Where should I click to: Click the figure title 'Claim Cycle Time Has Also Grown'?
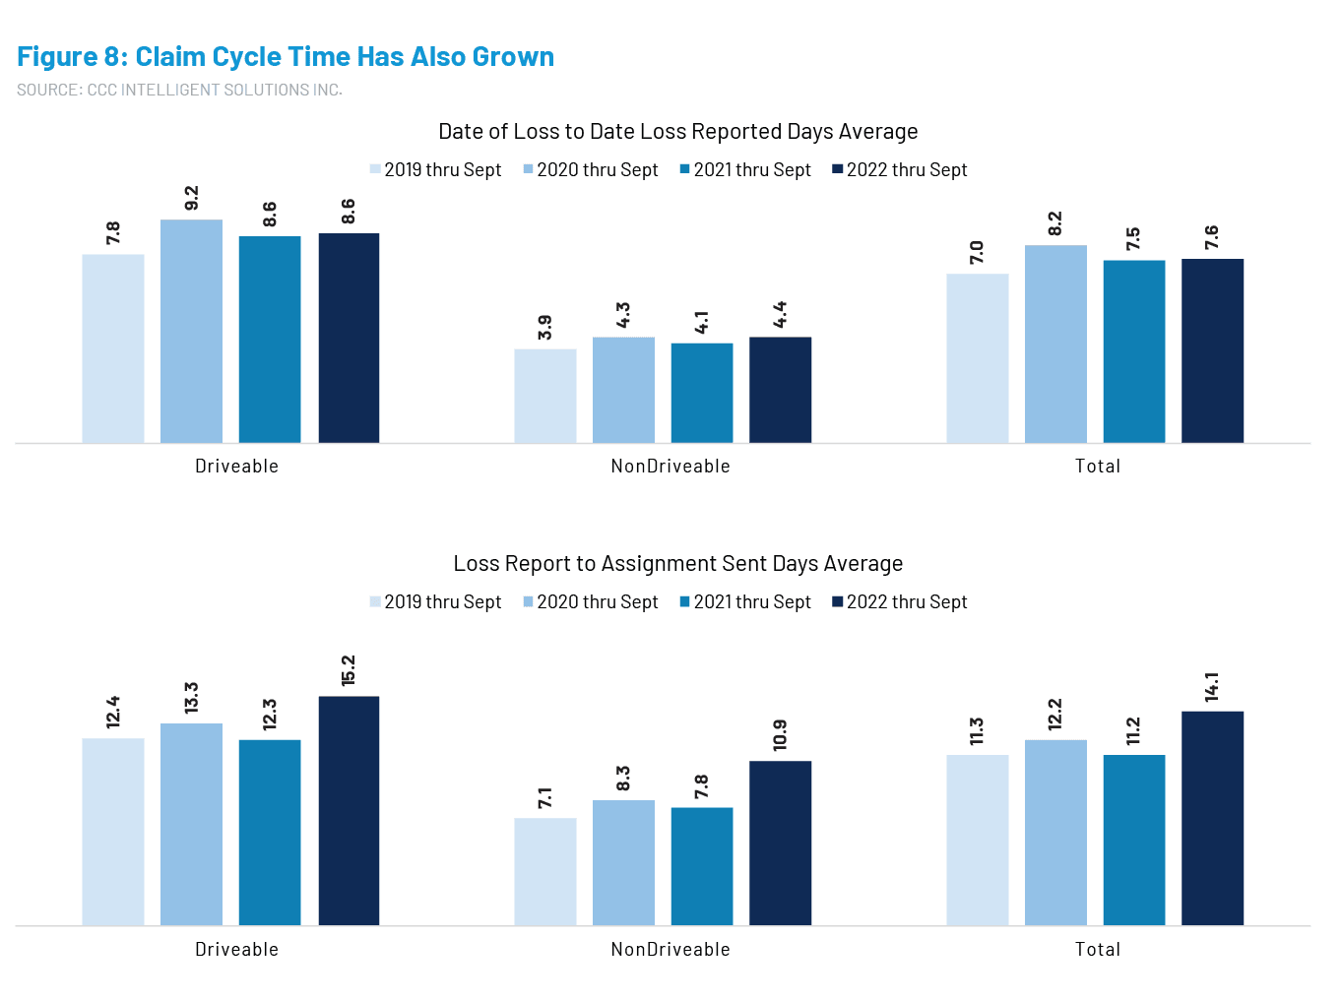pos(286,57)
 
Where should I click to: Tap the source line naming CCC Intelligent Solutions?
pos(179,90)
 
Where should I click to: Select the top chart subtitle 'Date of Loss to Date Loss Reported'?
pos(677,132)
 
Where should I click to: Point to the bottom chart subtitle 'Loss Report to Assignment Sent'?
pos(677,564)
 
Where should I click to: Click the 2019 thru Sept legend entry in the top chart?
pos(435,170)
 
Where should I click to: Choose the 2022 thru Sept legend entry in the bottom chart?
pos(899,602)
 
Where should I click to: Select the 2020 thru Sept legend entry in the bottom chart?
pos(590,602)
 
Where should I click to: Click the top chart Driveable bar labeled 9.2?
pos(191,331)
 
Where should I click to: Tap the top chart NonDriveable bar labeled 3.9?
pos(545,396)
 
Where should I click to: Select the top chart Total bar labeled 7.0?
pos(978,358)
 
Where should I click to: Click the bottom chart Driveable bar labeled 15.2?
pos(349,811)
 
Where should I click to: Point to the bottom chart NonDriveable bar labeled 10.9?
pos(781,843)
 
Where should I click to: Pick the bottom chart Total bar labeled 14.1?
pos(1213,818)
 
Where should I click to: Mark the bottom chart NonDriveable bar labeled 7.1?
pos(545,871)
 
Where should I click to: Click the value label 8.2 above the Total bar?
pos(1055,224)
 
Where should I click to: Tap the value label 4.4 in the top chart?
pos(781,315)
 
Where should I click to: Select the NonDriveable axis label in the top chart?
pos(671,467)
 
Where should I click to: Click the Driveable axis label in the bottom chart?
pos(236,950)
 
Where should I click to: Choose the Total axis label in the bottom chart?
pos(1098,950)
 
